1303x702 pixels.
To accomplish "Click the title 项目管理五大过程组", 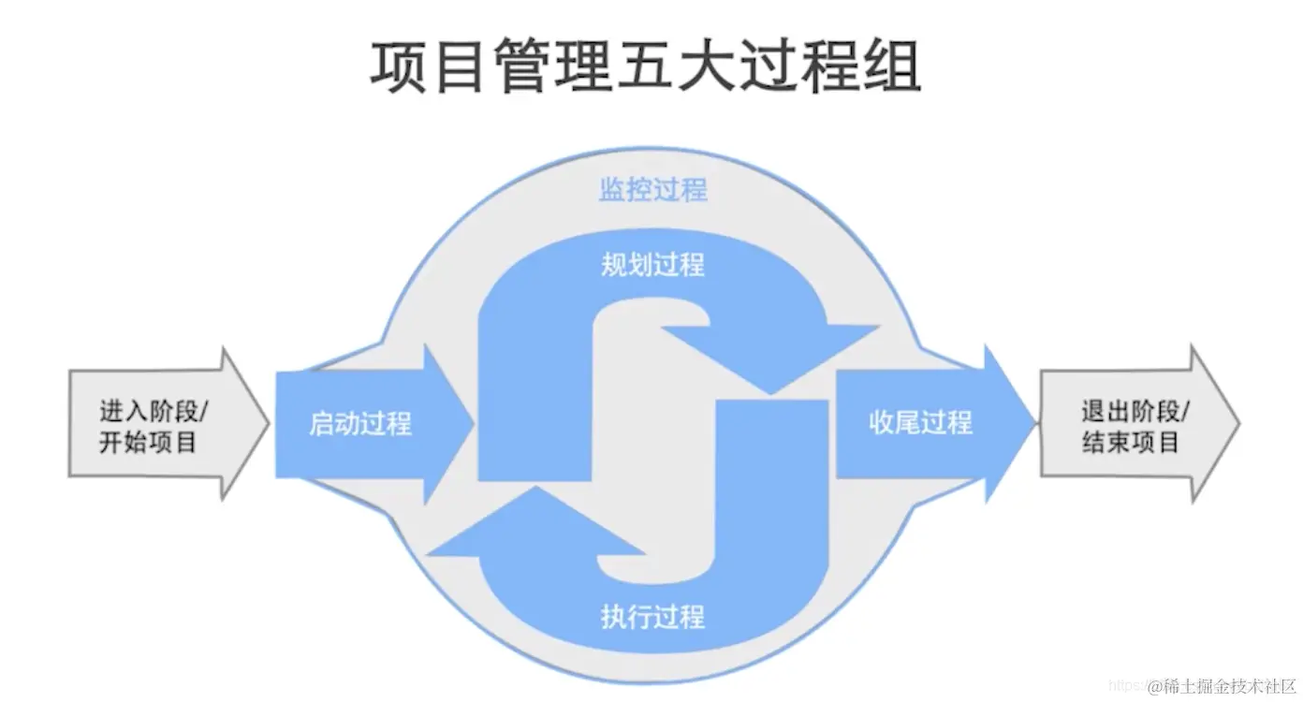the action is [x=646, y=66].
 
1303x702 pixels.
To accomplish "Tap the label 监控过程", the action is [x=652, y=190].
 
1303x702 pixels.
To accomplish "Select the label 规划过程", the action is [x=652, y=264].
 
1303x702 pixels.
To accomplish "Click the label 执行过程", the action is [x=652, y=617].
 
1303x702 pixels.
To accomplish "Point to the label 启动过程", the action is [x=360, y=424].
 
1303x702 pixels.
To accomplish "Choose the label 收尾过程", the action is [x=920, y=423].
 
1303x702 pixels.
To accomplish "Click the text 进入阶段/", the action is [x=154, y=411].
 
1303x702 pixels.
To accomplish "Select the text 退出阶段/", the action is [x=1136, y=411].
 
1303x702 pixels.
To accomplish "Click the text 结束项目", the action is [x=1130, y=443].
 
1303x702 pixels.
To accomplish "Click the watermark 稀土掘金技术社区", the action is [x=1222, y=686].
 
